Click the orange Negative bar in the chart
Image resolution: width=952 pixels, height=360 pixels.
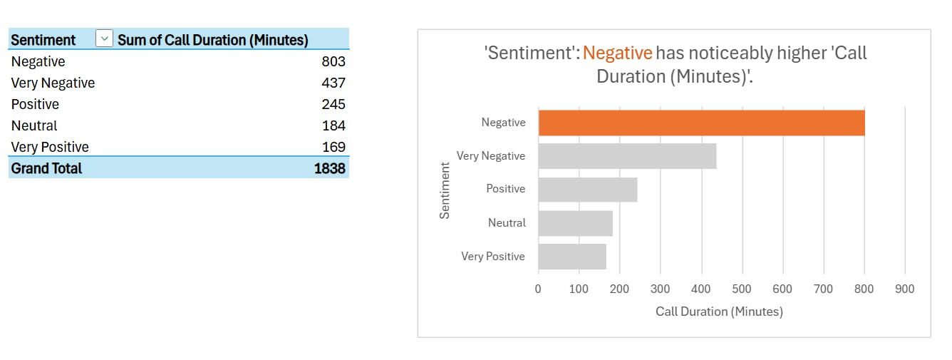(701, 123)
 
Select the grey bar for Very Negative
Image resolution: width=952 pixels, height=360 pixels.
(627, 156)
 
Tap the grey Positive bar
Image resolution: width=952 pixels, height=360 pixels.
(587, 190)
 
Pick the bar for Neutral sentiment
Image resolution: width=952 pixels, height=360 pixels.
(575, 223)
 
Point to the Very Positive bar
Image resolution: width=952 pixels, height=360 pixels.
(571, 257)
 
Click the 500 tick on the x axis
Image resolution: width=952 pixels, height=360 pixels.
(742, 289)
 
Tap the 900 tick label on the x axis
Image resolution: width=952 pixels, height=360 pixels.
(904, 289)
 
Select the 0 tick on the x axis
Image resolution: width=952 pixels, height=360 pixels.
(538, 289)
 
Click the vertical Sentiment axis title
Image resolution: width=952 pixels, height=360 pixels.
(445, 190)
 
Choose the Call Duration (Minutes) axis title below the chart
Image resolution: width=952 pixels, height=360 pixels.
(719, 312)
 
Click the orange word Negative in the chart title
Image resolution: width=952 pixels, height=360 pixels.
(617, 53)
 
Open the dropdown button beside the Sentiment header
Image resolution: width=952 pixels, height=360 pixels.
(104, 39)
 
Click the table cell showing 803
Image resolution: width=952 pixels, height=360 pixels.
(333, 62)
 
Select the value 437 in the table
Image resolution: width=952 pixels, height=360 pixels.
(333, 83)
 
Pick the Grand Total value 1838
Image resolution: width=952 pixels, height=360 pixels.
(330, 169)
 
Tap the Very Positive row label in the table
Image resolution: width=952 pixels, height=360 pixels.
(50, 148)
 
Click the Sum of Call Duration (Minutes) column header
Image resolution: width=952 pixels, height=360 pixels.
(212, 40)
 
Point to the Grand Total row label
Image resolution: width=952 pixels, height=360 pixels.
(46, 169)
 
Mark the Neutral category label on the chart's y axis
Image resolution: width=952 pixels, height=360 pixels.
(507, 223)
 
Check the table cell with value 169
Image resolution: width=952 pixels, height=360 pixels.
(333, 148)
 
